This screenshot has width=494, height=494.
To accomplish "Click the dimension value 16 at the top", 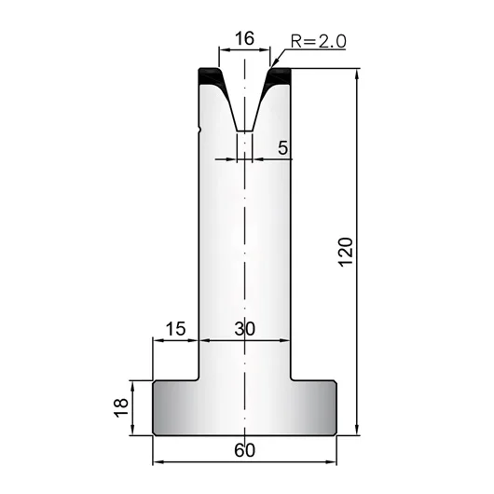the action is point(244,38).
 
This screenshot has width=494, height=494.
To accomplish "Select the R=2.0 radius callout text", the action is point(319,41).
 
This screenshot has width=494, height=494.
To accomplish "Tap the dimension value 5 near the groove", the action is point(282,147).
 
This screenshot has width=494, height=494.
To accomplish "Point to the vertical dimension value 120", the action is point(346,252).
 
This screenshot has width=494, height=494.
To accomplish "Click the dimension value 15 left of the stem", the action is point(176,329).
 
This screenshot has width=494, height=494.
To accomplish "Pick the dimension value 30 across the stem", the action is point(244,329).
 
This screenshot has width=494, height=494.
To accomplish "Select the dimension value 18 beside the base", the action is point(121,408).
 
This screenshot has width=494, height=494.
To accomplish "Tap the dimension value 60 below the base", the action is point(244,450).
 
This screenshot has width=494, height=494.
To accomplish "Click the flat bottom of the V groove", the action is point(244,130).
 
